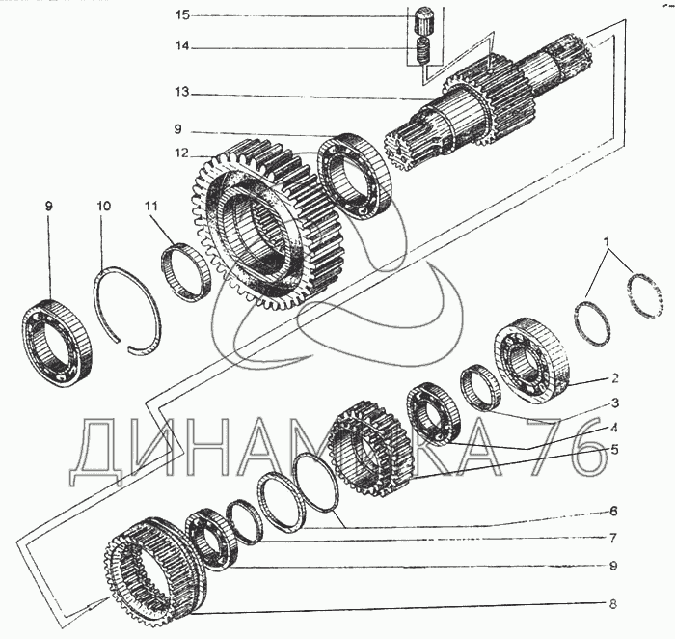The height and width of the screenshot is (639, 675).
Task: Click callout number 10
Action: [x=103, y=206]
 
